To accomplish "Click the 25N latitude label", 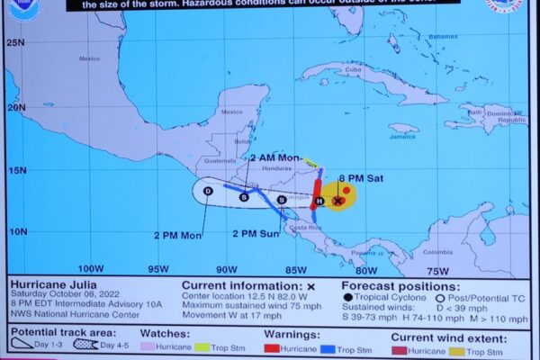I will pyautogui.click(x=13, y=41).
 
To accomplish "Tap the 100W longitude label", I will pyautogui.click(x=90, y=268).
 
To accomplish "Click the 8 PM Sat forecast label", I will pyautogui.click(x=363, y=178).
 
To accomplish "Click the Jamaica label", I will pyautogui.click(x=402, y=138).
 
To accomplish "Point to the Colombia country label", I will pyautogui.click(x=437, y=252).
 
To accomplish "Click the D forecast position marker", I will pyautogui.click(x=208, y=191).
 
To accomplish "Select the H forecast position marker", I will pyautogui.click(x=319, y=201).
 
